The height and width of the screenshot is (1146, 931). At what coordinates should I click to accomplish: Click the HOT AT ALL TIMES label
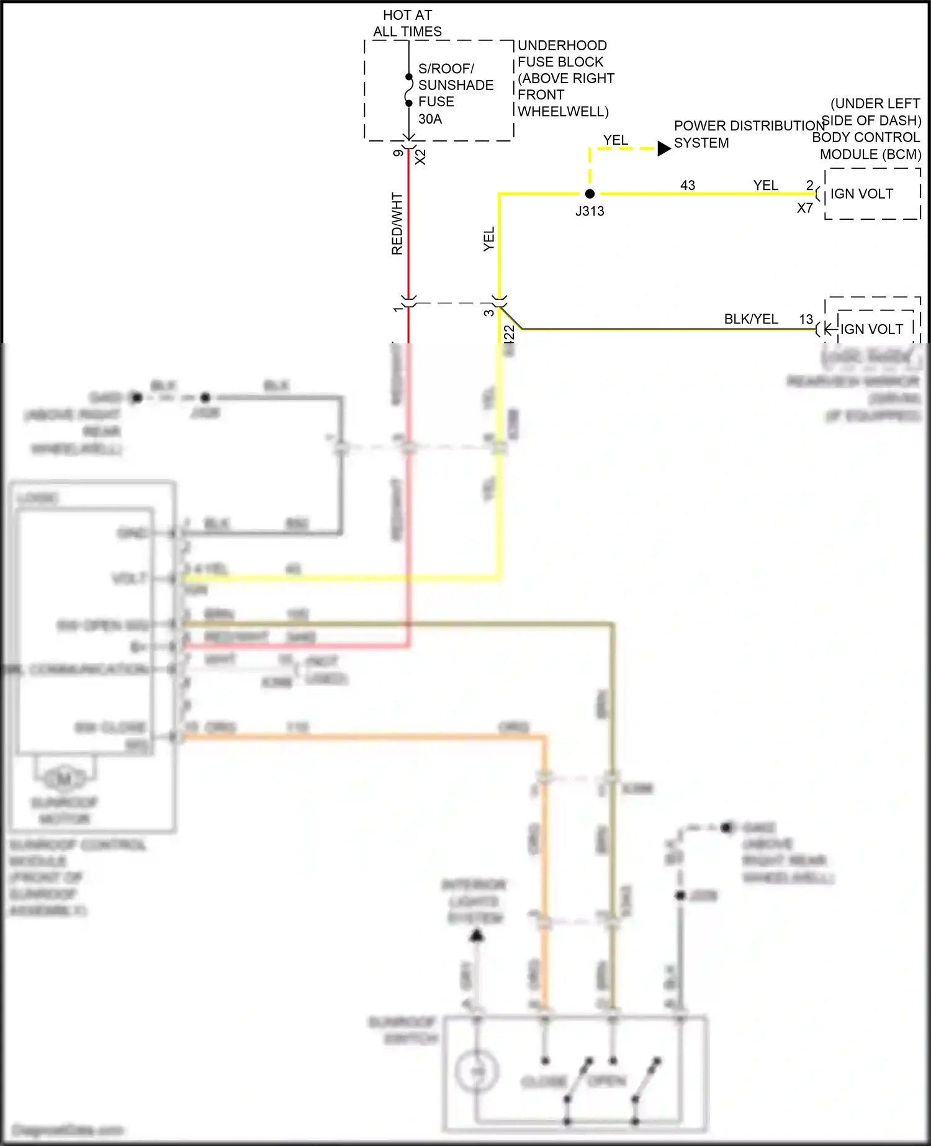(407, 23)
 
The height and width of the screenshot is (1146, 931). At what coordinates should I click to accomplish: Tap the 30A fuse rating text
(430, 119)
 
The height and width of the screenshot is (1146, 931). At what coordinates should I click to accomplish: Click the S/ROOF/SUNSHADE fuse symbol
(408, 90)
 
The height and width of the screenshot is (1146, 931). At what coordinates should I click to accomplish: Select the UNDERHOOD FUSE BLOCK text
(562, 53)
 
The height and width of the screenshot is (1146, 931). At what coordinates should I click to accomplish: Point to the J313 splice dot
(590, 194)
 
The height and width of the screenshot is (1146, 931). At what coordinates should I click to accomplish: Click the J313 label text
(590, 211)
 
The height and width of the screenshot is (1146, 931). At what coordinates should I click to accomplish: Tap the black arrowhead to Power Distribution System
(663, 148)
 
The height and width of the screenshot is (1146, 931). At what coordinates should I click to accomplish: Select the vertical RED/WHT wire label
(397, 223)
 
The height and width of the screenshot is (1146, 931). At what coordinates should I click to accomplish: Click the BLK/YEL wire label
(751, 318)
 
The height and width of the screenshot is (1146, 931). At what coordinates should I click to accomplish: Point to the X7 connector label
(804, 209)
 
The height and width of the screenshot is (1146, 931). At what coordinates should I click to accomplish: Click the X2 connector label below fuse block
(421, 156)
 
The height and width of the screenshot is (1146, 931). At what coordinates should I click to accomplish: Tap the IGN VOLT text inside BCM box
(861, 194)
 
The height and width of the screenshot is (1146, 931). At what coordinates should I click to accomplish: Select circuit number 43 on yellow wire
(688, 185)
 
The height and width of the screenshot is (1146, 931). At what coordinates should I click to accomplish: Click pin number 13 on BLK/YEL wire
(806, 319)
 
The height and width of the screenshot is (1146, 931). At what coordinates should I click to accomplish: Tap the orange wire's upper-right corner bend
(544, 737)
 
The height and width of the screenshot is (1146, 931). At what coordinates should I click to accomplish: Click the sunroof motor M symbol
(65, 777)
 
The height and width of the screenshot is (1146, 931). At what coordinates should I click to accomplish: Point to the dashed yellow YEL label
(616, 140)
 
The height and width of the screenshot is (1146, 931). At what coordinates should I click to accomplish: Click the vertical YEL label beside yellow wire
(489, 239)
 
